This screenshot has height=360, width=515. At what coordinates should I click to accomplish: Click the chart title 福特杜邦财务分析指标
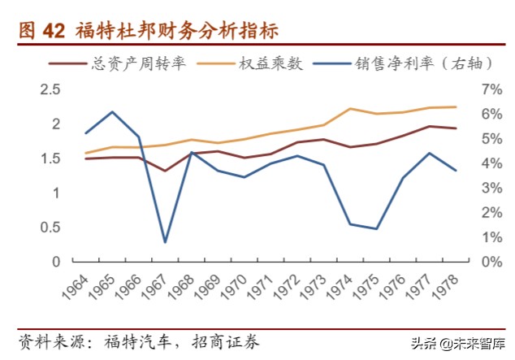[176, 31]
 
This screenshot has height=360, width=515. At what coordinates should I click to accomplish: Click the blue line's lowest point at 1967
[165, 242]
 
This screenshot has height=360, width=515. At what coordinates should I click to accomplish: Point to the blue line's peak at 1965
[112, 111]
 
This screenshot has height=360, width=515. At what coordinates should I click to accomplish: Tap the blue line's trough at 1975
[376, 228]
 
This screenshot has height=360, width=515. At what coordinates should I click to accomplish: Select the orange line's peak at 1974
[349, 108]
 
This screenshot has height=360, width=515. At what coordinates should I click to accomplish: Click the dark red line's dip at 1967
[165, 171]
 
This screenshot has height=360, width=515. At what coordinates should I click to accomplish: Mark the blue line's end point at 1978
[456, 171]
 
